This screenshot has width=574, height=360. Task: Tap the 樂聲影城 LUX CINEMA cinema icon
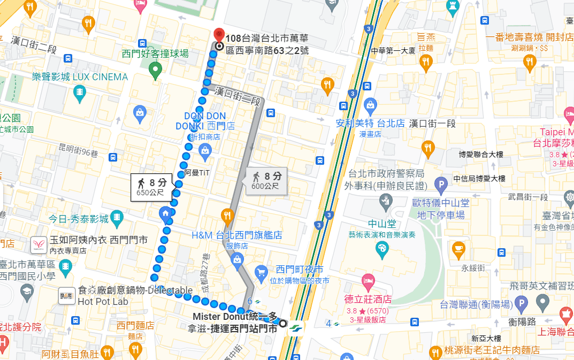point(79,93)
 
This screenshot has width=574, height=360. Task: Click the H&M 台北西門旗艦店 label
point(237,235)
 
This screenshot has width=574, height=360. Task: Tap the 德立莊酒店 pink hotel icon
point(368,280)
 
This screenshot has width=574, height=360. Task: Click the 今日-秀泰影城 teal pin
point(117,218)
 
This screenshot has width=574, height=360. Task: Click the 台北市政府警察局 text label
point(386,174)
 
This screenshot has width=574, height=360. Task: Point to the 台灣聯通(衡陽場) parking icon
point(521,304)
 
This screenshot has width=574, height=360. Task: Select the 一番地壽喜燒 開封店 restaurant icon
point(530,62)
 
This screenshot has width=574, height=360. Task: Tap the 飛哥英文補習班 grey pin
point(543,304)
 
